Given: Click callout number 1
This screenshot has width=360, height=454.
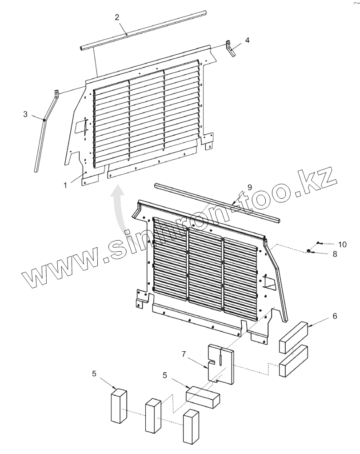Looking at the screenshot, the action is pos(66,184).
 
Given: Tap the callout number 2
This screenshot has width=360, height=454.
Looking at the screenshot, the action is pos(117,18).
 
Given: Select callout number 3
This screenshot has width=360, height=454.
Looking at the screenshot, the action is pos(25,114).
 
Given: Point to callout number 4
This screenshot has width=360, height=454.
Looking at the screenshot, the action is pos(247,40).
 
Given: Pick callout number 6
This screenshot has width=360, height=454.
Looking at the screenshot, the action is pos(335,316).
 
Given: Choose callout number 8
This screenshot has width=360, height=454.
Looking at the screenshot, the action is pos(335,254).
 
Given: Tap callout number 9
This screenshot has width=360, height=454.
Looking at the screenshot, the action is pos(249,187).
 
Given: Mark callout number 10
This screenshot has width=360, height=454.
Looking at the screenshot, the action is pos(342,244).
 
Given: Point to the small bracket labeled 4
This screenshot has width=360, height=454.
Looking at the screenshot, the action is pos(230,48).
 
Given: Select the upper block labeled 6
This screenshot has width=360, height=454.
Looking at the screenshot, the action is pos(293,338).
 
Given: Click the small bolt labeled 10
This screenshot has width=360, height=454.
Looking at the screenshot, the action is pos(319,243).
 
